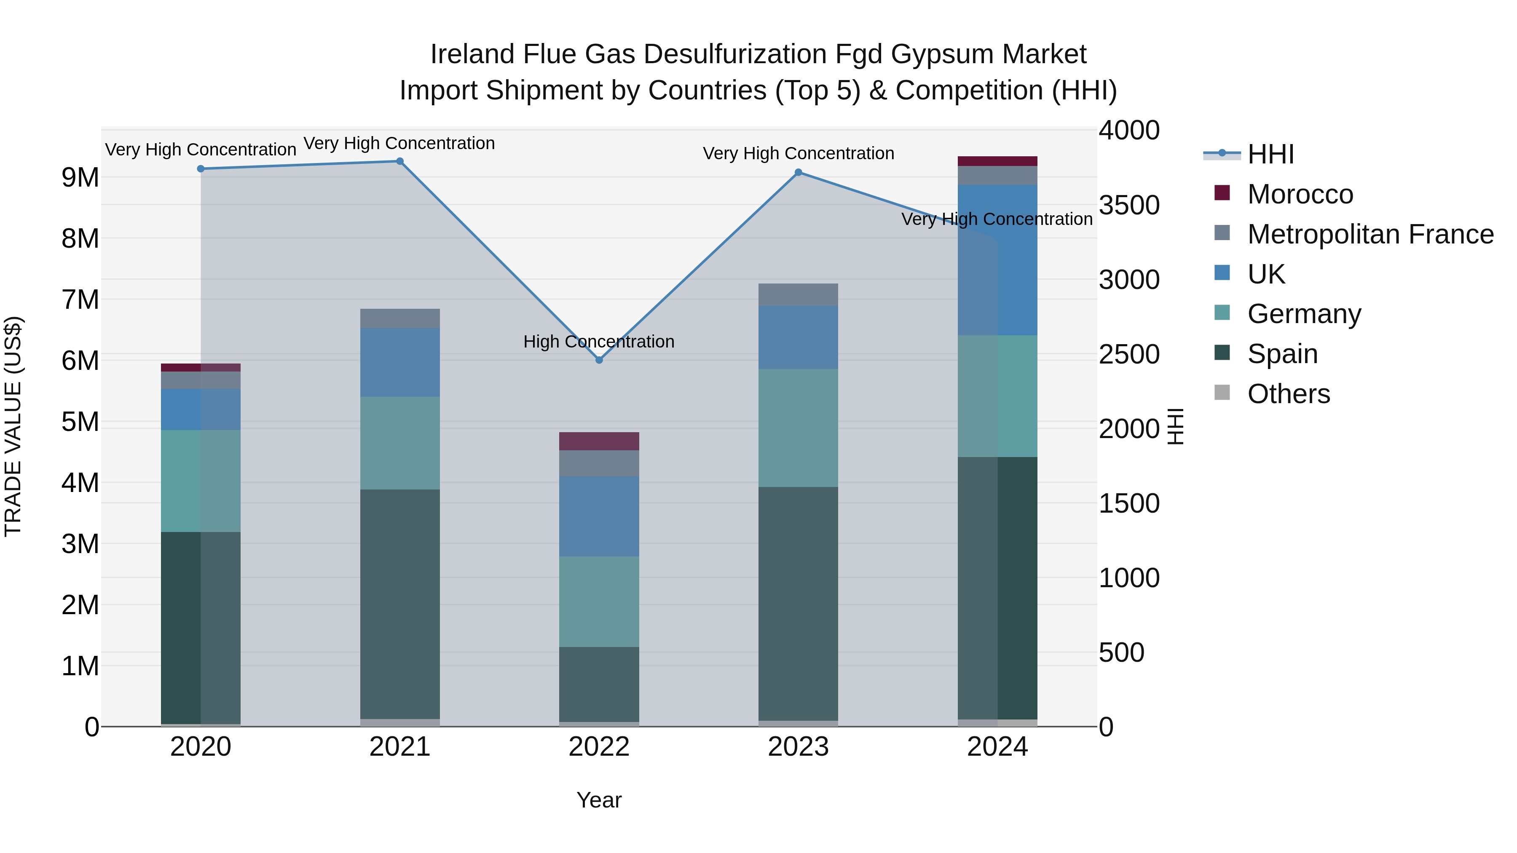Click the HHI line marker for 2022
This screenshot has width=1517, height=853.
(599, 360)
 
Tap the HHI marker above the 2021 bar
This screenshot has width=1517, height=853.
(400, 161)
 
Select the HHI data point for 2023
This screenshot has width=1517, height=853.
(798, 172)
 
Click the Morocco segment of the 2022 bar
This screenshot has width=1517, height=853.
(599, 441)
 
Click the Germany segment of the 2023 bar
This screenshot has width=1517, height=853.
(798, 428)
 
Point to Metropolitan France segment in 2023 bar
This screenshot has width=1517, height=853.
(798, 294)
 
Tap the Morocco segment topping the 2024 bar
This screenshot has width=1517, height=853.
(997, 161)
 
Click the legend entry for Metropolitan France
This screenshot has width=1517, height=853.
(1370, 234)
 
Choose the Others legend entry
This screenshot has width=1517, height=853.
(1289, 394)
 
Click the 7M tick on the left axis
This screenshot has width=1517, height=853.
(80, 299)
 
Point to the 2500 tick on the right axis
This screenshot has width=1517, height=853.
(1129, 354)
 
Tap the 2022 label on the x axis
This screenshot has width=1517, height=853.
(599, 747)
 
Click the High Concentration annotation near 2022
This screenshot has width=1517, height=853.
(599, 342)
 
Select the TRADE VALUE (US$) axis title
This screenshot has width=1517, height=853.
(13, 426)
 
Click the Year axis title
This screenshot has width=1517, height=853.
(599, 800)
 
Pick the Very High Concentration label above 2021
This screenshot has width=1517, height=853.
(399, 143)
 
